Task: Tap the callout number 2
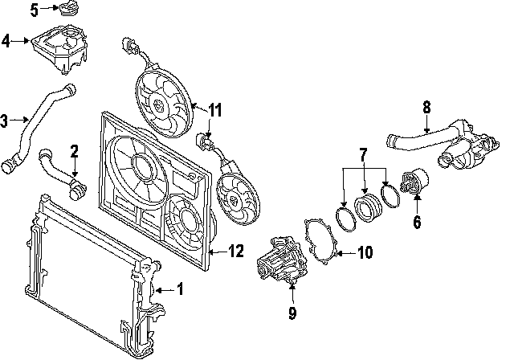pyautogui.click(x=74, y=150)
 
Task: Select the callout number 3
pyautogui.click(x=4, y=121)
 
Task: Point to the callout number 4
pyautogui.click(x=6, y=39)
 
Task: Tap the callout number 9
pyautogui.click(x=292, y=312)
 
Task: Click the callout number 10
pyautogui.click(x=365, y=253)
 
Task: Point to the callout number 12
pyautogui.click(x=234, y=251)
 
